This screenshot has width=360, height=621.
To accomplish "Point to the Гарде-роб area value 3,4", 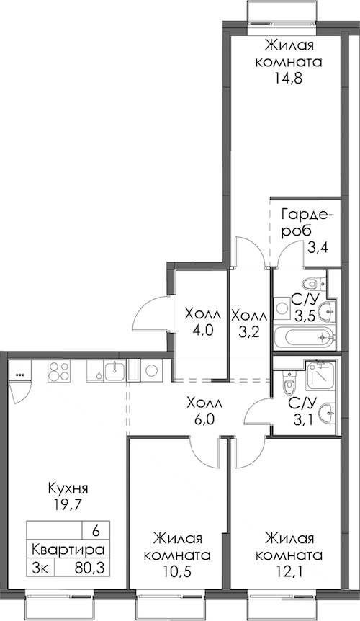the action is coord(319,249).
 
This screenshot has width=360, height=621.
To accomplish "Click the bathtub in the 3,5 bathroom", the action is coord(305,337).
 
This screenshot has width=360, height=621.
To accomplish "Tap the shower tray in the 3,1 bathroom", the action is coord(320,374).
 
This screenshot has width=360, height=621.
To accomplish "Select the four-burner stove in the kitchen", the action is coord(59,372).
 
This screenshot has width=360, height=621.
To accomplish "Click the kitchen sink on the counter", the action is coord(114,372).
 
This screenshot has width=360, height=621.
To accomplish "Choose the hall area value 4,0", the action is coord(203,331).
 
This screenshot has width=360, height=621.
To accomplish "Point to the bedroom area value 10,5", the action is coord(177,571).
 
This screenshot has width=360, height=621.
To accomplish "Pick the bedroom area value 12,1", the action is coord(289,571).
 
